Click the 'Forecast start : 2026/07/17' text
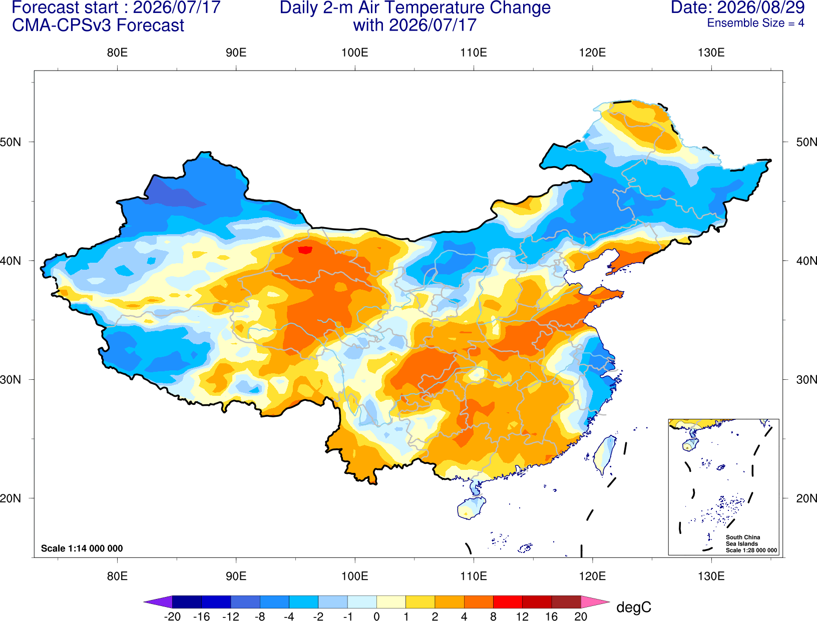point(116,8)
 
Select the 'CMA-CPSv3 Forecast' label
point(98,26)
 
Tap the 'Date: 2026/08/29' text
point(737,8)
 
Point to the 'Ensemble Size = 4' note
point(755,23)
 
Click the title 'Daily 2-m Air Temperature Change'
point(415,8)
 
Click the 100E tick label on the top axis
point(355,53)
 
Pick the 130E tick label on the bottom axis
point(711,576)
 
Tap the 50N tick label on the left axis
point(11,142)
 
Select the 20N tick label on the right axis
point(806,498)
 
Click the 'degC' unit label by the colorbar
point(633,607)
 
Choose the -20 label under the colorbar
point(172,616)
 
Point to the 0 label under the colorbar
point(376,616)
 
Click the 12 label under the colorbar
point(522,616)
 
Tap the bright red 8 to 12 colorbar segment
point(508,601)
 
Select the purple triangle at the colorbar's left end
point(158,601)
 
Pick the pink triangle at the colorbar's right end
point(596,601)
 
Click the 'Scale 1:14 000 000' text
point(82,548)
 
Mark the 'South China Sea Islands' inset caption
point(743,540)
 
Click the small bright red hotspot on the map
point(305,250)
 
